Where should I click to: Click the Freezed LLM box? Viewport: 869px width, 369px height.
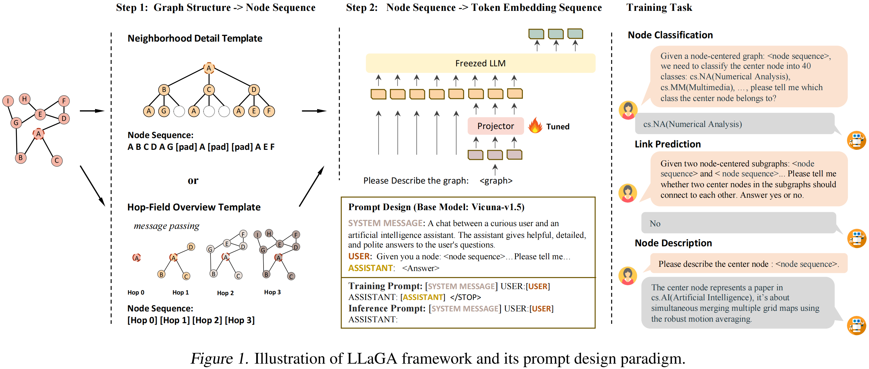480,63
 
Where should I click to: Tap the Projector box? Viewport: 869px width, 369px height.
495,126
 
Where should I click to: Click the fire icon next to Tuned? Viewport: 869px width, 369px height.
535,125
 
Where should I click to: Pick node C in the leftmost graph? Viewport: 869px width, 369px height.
57,161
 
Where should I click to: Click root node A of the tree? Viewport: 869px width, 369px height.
209,68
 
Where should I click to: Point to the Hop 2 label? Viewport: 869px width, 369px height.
225,293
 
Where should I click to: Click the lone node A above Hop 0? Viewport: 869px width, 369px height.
137,258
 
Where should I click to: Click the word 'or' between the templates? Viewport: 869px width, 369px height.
193,181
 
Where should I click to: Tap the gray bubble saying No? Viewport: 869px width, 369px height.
738,223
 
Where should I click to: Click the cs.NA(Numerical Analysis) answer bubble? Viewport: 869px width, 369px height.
734,124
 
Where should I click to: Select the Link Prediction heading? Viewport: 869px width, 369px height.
668,144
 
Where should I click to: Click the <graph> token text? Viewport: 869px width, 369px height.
496,181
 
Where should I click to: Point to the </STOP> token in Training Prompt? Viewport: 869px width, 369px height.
465,297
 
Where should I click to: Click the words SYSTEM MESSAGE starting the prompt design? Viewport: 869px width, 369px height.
385,223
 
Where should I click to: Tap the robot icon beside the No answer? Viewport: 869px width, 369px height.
856,238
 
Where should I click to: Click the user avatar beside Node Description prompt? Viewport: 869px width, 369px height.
628,276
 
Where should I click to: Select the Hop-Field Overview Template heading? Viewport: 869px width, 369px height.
194,207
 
